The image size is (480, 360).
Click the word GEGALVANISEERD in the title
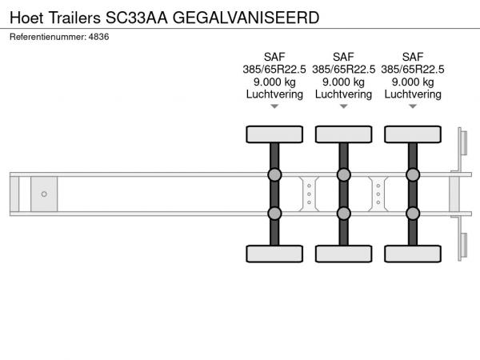coord(246,18)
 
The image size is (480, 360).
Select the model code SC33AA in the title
coord(137,18)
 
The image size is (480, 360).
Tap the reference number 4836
coord(98,37)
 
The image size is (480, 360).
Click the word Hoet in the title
coord(26,18)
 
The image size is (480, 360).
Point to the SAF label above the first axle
coord(274,57)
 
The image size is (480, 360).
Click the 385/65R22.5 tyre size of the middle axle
coord(343,70)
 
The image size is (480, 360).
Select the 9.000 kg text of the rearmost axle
coord(413,82)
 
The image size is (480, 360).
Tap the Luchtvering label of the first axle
coord(274,94)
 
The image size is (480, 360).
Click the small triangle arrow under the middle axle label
coord(344,106)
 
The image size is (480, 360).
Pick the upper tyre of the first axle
coord(274,134)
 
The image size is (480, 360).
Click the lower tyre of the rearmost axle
coord(413,254)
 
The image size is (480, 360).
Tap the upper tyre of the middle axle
coord(344,134)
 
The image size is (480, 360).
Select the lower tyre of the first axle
coord(274,254)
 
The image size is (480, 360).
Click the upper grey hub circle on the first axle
coord(274,174)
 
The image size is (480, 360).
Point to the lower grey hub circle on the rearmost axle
coord(413,214)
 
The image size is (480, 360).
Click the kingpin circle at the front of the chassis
coord(44,194)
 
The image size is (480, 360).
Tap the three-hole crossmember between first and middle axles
coord(309,194)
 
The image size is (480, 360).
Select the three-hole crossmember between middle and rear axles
coord(378,194)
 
